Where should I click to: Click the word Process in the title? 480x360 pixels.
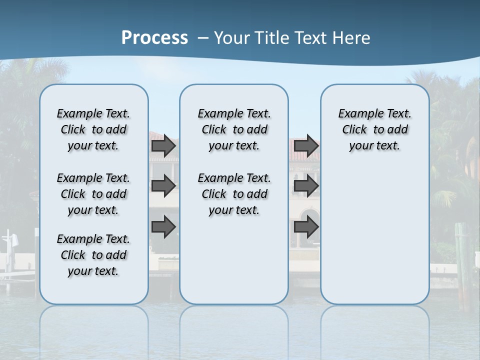tap(154, 38)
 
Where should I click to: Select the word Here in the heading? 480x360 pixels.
tap(352, 38)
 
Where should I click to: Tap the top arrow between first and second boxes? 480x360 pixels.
tap(163, 146)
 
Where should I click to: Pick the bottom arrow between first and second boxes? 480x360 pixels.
tap(163, 227)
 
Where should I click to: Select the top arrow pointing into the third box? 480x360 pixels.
tap(306, 146)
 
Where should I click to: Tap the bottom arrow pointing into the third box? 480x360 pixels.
tap(306, 227)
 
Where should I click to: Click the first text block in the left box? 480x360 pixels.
tap(93, 129)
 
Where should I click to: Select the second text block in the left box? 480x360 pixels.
tap(93, 194)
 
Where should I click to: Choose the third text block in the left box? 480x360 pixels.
tap(93, 255)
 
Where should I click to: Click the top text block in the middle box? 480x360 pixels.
tap(234, 129)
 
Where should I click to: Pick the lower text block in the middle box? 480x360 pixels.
tap(234, 194)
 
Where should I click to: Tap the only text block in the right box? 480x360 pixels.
tap(375, 129)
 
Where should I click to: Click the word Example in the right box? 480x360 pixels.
tap(356, 114)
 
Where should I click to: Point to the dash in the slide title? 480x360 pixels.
tap(203, 38)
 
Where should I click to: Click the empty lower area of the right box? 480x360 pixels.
tap(375, 235)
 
